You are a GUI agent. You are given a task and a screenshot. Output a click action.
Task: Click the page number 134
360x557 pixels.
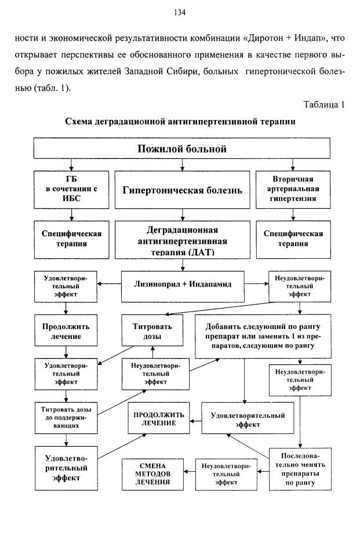coord(180,13)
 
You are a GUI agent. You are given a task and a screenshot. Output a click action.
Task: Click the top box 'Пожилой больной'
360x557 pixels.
coord(182,148)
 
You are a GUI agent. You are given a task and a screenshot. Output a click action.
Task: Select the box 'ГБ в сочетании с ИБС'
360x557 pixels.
coord(71,190)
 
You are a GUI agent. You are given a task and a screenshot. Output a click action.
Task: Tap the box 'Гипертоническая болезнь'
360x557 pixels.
coord(182,190)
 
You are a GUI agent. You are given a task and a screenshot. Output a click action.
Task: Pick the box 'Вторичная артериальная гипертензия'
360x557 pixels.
coord(293,190)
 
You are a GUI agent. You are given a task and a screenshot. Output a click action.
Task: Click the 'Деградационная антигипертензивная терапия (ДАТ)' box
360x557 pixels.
coord(182,240)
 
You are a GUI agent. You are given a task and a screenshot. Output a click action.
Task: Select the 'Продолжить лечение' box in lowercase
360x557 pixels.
coord(66,330)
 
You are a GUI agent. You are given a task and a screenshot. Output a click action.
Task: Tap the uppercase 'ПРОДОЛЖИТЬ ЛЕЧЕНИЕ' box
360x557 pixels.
coord(159,418)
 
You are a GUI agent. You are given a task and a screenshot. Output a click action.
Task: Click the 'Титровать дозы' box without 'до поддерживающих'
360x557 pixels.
coord(152,330)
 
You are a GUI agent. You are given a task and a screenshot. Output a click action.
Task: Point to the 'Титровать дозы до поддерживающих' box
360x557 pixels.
coord(66,418)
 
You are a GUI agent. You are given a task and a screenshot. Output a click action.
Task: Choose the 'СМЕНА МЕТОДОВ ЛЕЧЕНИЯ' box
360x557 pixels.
coord(152,474)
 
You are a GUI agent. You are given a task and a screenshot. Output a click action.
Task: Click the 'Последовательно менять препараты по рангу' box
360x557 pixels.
coord(300,469)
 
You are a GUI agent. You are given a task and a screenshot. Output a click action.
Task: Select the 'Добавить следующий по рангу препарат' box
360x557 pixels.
coord(263,336)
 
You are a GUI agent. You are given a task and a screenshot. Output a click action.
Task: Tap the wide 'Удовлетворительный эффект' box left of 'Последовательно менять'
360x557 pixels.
coord(248,418)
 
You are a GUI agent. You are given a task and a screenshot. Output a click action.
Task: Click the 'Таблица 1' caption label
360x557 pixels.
coord(324,104)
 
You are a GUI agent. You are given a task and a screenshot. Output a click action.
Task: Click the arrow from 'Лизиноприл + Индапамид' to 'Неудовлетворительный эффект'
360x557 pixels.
coord(256,284)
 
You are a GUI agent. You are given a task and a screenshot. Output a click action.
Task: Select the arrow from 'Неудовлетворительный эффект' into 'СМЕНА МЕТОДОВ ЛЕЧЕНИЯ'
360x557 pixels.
coord(190,472)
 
